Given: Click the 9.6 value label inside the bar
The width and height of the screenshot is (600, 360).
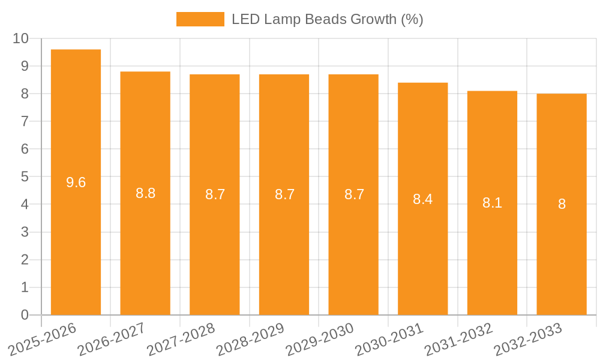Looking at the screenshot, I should click(x=76, y=182).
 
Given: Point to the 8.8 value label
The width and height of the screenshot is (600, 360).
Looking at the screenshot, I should click(x=145, y=193).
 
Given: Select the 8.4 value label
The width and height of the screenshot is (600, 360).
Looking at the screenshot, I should click(x=422, y=199).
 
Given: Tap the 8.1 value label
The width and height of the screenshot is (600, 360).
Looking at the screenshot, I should click(x=492, y=203).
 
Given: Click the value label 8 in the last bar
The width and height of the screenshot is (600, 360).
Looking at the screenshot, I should click(x=562, y=204).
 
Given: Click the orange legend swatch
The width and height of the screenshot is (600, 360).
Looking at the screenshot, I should click(x=200, y=19).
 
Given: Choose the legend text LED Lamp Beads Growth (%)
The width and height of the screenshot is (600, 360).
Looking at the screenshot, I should click(x=328, y=19).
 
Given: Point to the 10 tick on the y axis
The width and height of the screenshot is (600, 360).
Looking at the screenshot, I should click(x=21, y=38).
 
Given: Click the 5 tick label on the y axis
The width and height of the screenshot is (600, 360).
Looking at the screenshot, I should click(x=25, y=177).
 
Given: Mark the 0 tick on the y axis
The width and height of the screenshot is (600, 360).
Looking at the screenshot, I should click(x=25, y=315).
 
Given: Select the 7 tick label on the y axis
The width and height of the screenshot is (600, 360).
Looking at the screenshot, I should click(x=25, y=121).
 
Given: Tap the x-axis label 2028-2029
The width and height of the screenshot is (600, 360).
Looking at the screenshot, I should click(x=250, y=339).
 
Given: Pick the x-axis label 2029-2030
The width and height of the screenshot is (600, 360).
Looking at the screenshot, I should click(x=320, y=339).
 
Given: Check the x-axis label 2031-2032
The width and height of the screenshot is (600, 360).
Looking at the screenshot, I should click(x=458, y=339).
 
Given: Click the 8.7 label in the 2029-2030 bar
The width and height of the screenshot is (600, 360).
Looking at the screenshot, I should click(x=354, y=194).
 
